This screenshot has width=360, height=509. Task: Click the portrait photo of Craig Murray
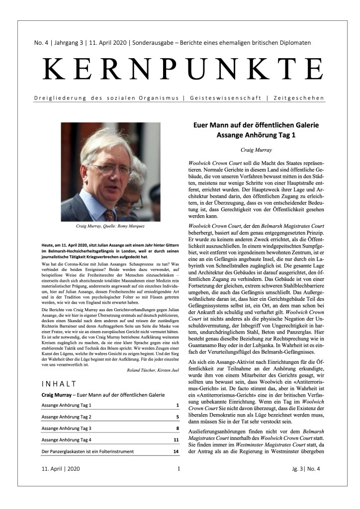110,171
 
